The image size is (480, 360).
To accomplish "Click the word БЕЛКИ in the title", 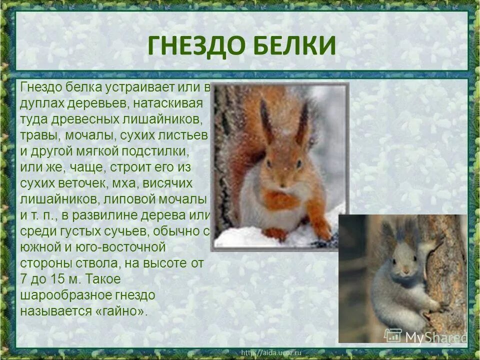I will pyautogui.click(x=295, y=46).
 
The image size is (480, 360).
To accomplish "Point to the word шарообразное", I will pyautogui.click(x=60, y=294).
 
